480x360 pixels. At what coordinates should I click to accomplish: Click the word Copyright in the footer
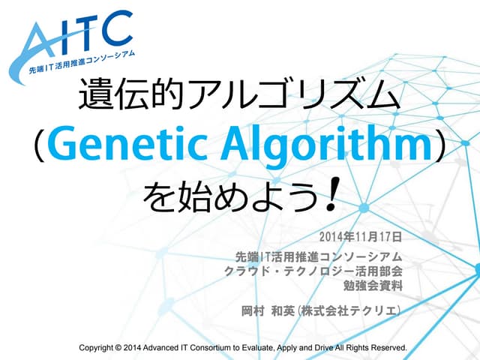101,348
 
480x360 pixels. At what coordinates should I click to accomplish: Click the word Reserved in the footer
385,348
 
